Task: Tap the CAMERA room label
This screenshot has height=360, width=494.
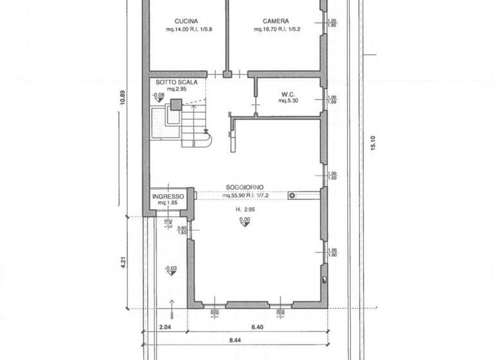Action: coord(275,21)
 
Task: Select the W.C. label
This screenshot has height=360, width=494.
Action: coord(287,94)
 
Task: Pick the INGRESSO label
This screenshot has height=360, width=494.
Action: coord(169,196)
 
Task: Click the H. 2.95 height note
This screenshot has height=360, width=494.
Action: coord(244,210)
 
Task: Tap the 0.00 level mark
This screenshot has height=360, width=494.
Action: coord(244,219)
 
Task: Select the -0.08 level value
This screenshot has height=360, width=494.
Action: coord(158,95)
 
